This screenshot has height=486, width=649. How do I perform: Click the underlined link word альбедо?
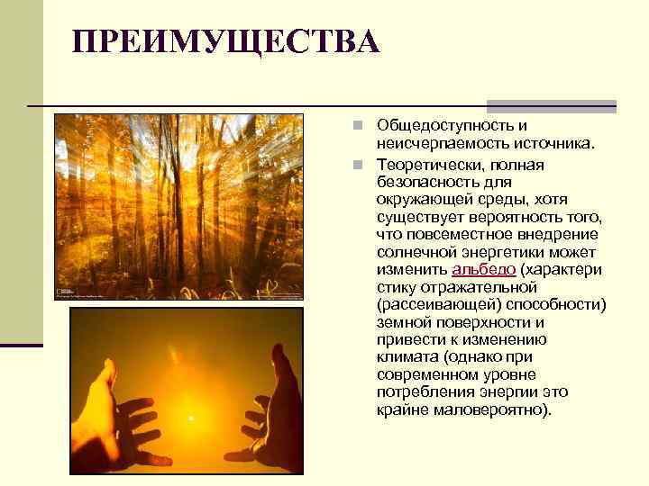pyautogui.click(x=483, y=271)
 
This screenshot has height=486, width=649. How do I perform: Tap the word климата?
pyautogui.click(x=407, y=357)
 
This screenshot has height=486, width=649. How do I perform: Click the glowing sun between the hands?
pyautogui.click(x=191, y=418)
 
